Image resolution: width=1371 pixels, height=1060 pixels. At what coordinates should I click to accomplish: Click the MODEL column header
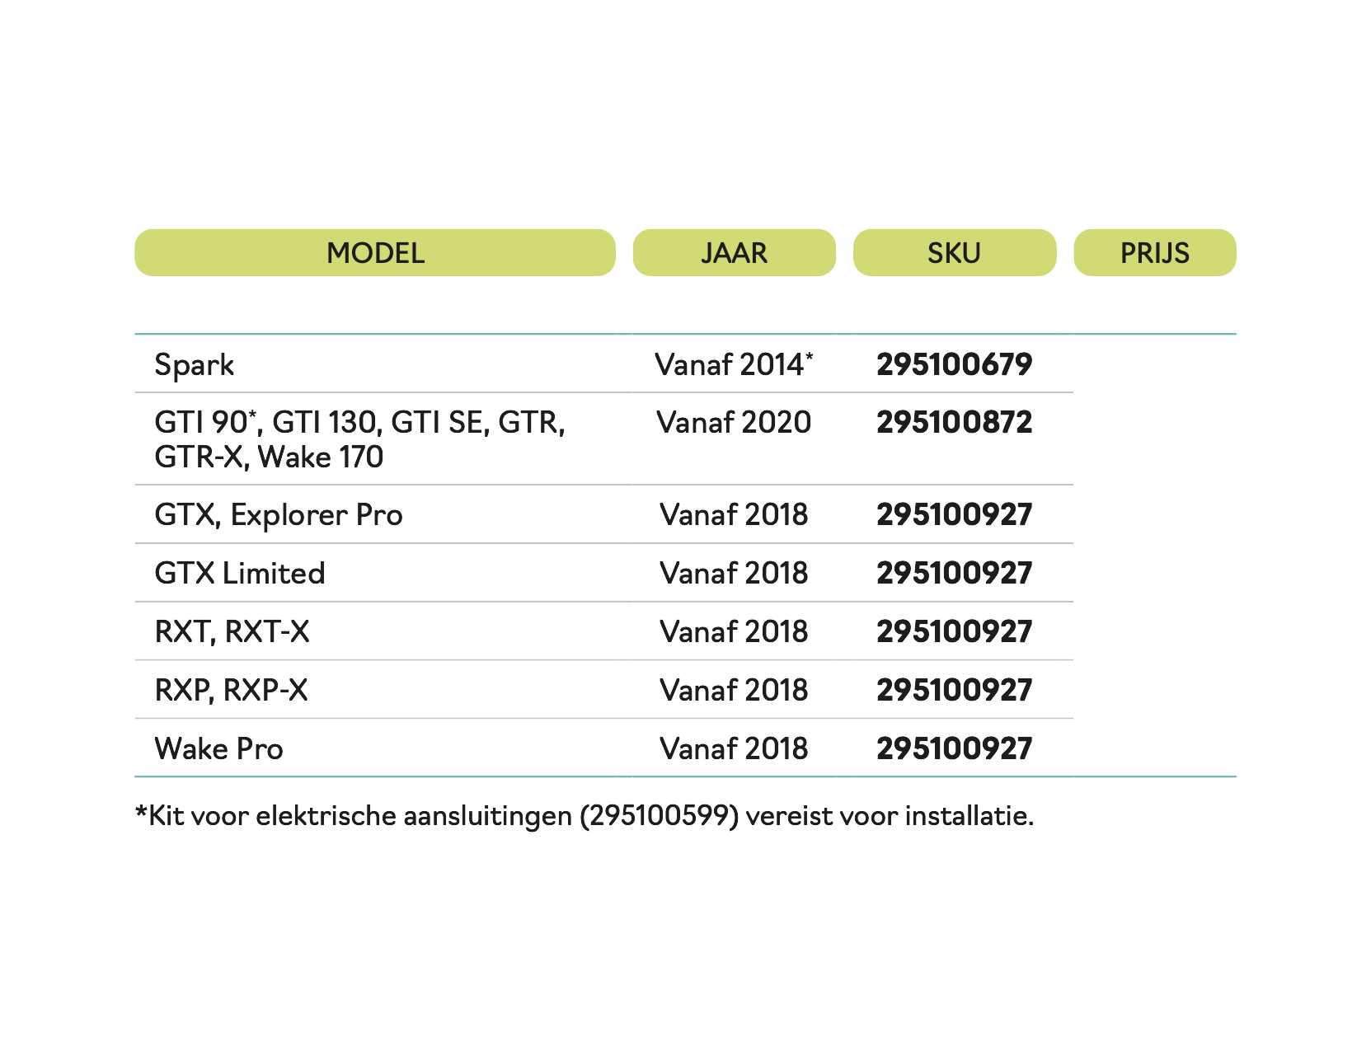pos(375,253)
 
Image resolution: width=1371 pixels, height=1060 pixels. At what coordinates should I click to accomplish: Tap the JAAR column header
pos(734,253)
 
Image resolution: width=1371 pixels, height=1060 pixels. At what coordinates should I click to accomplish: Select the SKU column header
pos(954,253)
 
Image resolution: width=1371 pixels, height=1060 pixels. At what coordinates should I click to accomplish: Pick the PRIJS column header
pos(1154,253)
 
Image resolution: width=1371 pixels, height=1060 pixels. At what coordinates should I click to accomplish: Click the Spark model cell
pos(195,365)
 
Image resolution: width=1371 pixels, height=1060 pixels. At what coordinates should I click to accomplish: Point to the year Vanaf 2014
pos(733,364)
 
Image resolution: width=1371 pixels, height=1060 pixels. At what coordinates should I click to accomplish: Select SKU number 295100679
pos(954,364)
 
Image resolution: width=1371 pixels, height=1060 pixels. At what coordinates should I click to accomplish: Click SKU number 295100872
pos(954,422)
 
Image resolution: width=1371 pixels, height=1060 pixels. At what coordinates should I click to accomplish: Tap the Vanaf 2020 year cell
pos(733,422)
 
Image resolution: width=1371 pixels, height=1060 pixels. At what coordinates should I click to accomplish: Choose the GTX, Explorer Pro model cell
pos(279,515)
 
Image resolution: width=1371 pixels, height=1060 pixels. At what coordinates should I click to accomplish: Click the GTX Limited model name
pos(240,574)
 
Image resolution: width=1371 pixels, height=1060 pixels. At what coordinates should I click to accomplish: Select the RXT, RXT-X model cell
pos(232,632)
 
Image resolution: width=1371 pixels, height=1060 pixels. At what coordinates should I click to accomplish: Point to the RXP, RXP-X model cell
pos(231,691)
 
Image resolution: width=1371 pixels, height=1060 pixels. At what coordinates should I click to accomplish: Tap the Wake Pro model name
pos(218,749)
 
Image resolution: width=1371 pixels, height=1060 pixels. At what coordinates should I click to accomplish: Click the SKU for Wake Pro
pos(954,749)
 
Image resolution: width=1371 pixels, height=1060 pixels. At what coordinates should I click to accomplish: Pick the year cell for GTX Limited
pos(733,574)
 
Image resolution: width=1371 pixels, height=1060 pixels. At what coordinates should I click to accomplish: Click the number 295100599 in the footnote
pos(659,816)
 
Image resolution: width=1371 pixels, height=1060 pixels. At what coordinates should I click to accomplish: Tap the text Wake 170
pos(321,457)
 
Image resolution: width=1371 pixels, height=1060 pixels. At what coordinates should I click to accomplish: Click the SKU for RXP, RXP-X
pos(954,691)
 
